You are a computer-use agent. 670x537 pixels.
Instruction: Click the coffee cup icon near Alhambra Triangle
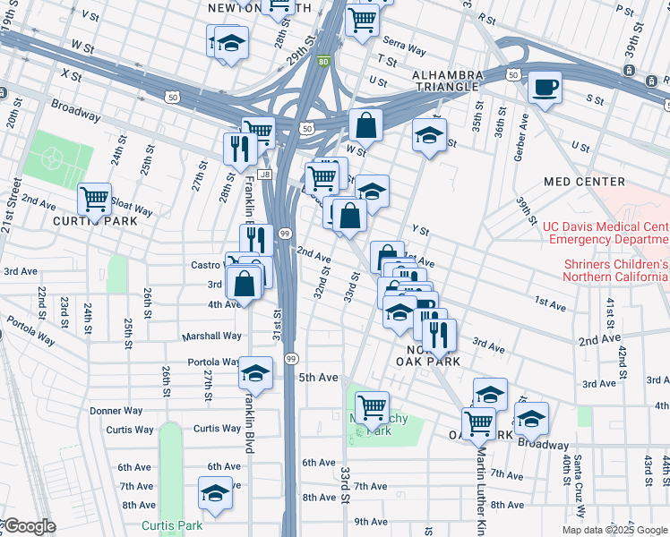[x=545, y=88]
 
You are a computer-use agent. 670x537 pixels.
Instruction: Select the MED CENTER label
[x=583, y=182]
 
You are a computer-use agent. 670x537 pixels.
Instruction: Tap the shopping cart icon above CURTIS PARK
[x=94, y=199]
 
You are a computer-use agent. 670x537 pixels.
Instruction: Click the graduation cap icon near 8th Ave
[x=214, y=492]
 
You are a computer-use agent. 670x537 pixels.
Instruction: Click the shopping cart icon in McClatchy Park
[x=372, y=407]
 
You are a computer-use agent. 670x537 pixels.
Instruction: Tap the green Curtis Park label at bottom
[x=171, y=525]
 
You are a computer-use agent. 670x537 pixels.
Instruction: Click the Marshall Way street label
[x=212, y=337]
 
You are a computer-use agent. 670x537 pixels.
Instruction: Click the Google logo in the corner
[x=30, y=526]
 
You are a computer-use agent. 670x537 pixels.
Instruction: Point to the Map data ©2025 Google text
[x=614, y=530]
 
